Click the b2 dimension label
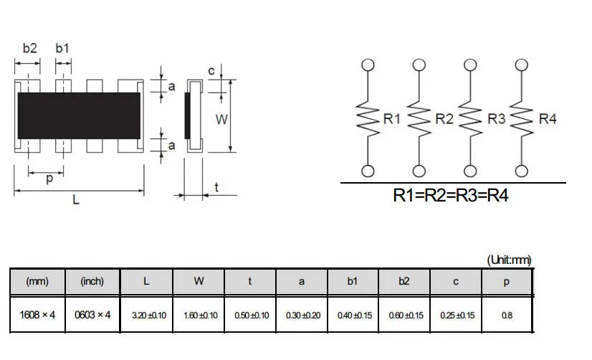click(29, 49)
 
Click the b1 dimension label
click(63, 49)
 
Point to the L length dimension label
click(76, 202)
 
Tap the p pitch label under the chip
click(49, 179)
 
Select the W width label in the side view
click(221, 119)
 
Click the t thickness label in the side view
click(216, 189)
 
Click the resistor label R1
click(392, 119)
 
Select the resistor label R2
click(444, 119)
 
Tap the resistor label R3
click(496, 119)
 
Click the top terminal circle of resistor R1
click(368, 65)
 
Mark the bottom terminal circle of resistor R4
click(522, 171)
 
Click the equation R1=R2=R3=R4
click(451, 195)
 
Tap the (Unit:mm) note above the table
click(509, 260)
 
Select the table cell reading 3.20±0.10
click(148, 315)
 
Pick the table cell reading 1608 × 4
click(37, 315)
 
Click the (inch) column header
click(92, 282)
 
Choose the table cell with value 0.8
click(507, 315)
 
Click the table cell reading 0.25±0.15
click(455, 315)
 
